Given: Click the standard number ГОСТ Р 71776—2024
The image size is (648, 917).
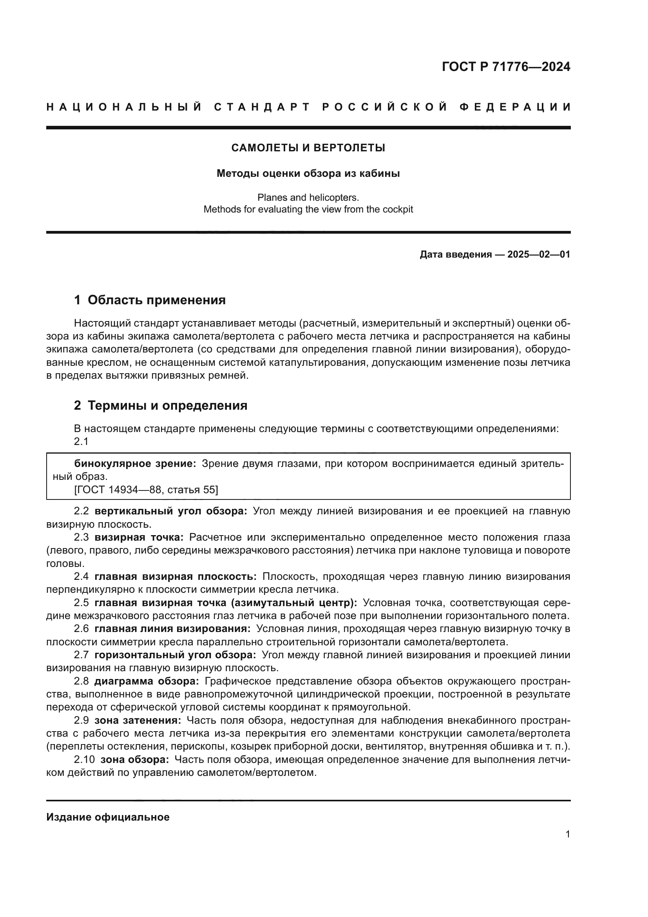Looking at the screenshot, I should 506,67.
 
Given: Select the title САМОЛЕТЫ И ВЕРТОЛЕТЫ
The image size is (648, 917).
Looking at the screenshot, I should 308,148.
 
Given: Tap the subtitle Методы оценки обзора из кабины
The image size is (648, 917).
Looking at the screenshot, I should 308,174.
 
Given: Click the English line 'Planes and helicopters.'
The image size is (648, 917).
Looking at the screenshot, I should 308,197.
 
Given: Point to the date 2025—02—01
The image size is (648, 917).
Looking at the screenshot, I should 539,254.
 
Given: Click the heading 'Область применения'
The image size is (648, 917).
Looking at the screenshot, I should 156,300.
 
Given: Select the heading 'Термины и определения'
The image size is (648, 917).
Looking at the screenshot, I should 167,405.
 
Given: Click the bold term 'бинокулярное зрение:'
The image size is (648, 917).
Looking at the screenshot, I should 135,464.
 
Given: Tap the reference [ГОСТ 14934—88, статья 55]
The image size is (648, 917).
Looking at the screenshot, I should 146,490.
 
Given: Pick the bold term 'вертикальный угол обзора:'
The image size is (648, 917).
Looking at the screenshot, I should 171,511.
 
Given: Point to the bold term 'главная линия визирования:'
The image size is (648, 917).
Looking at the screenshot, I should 172,628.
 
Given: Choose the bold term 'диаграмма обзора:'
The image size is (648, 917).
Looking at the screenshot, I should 147,681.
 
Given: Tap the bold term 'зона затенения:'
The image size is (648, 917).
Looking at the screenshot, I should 138,720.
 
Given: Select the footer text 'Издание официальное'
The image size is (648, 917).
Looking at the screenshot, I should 108,817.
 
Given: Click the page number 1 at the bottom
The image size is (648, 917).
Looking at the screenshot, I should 567,834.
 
